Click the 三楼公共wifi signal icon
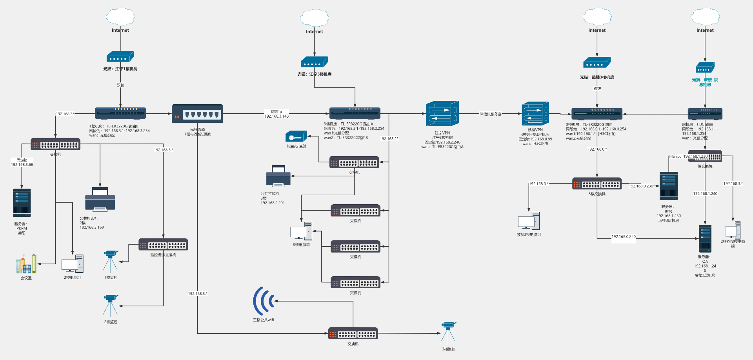[x=263, y=301]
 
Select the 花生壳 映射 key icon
[x=296, y=137]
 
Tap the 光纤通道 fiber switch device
[x=197, y=114]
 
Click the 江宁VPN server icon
[x=442, y=114]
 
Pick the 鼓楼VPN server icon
[x=535, y=114]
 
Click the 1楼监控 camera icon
[x=111, y=261]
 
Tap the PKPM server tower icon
[x=22, y=203]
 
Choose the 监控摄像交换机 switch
[x=163, y=245]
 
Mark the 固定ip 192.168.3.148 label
[x=276, y=114]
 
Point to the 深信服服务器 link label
[x=490, y=114]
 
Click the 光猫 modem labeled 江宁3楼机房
[x=314, y=62]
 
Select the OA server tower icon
[x=705, y=238]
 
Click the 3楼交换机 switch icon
[x=597, y=184]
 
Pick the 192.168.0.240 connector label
[x=624, y=237]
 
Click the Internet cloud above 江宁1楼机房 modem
[x=120, y=17]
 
